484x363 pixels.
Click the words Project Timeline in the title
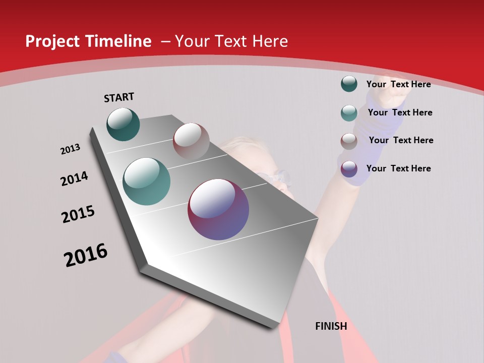[88, 41]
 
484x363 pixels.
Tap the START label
[119, 97]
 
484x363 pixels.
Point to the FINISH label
[331, 326]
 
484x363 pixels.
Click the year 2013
[70, 149]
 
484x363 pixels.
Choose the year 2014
[74, 178]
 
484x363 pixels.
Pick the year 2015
[78, 214]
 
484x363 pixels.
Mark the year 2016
[86, 255]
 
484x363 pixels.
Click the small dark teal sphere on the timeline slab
[123, 125]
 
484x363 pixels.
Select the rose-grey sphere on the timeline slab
[191, 142]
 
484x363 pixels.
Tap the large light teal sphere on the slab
[147, 181]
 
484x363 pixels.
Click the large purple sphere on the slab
[218, 209]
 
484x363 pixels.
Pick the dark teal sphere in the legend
[349, 84]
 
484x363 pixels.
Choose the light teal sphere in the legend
[349, 113]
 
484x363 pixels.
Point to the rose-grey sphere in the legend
[349, 141]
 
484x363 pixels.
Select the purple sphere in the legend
[349, 169]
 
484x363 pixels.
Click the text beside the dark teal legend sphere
[398, 84]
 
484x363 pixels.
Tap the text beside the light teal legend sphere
[400, 112]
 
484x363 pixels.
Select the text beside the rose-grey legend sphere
[401, 140]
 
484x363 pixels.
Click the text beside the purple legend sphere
[398, 168]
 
